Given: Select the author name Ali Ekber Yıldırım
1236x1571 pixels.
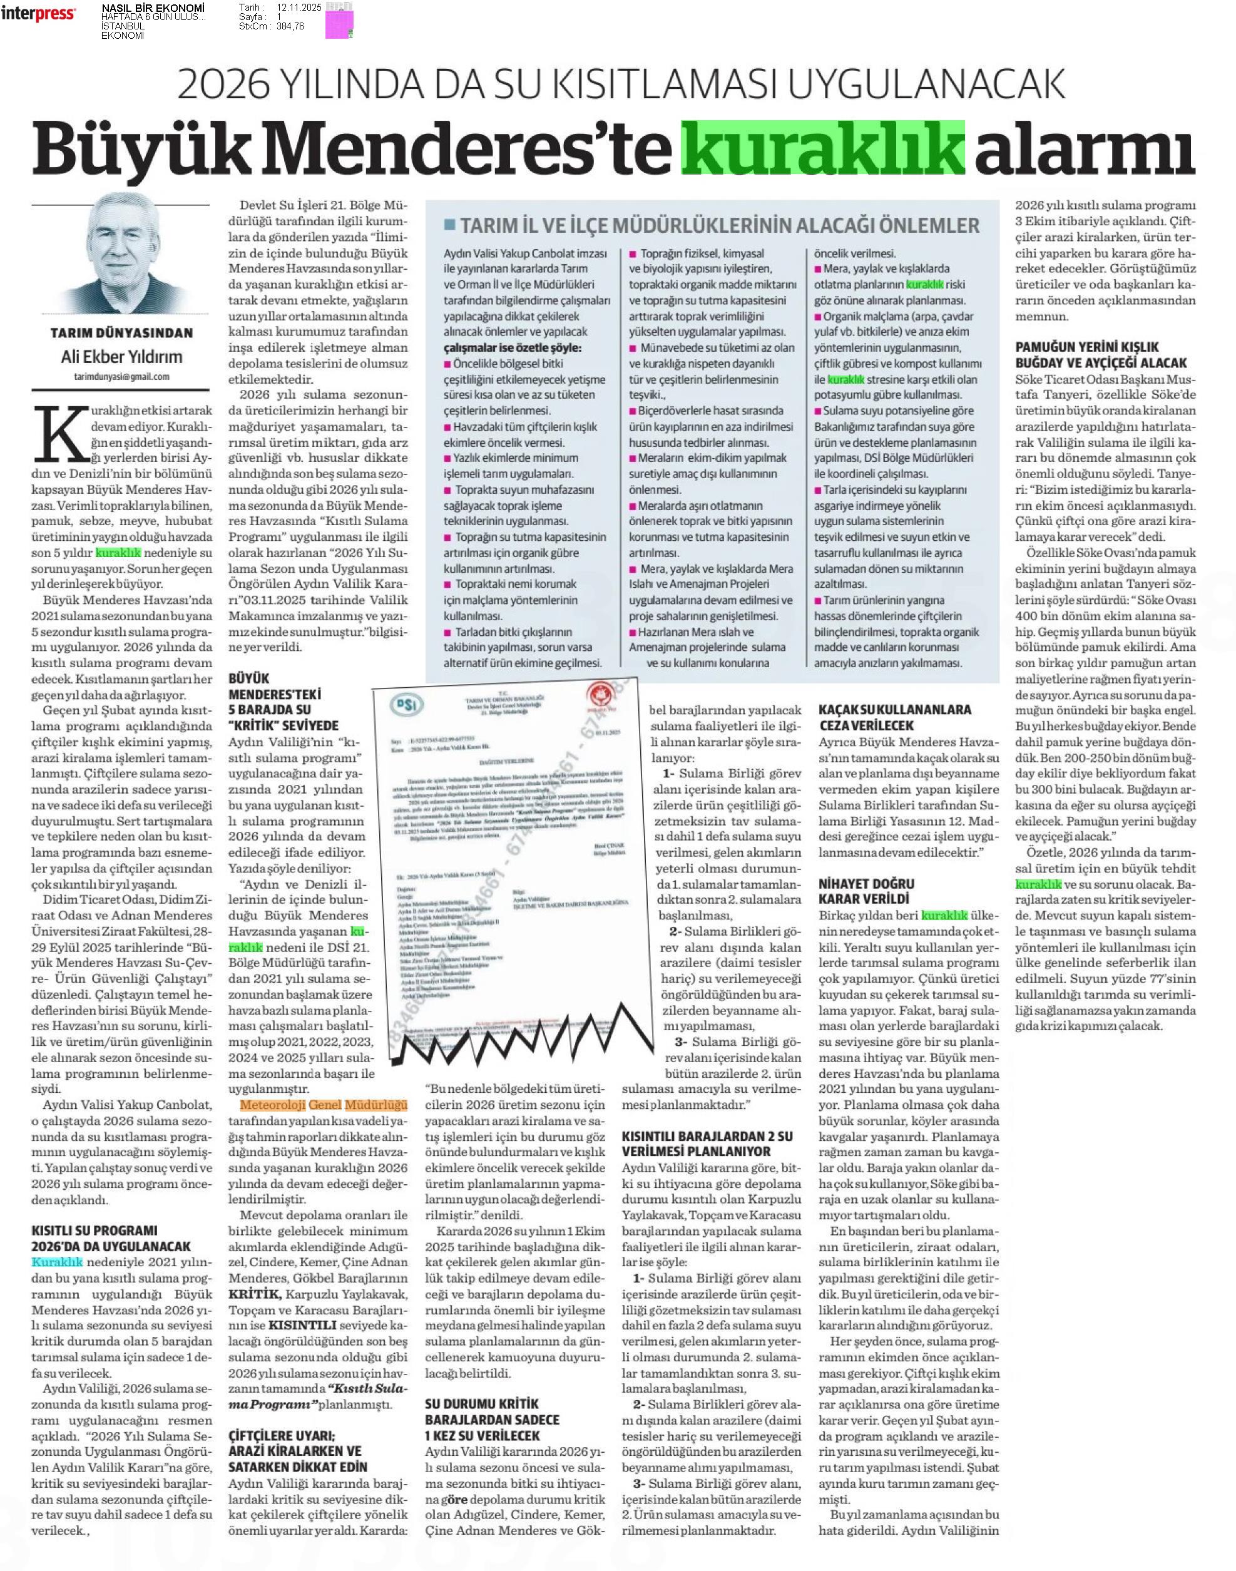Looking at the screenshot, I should [121, 357].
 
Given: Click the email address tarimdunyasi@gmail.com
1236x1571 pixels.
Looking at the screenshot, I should [121, 376].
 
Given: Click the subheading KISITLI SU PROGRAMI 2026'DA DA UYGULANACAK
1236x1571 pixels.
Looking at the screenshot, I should [111, 1237].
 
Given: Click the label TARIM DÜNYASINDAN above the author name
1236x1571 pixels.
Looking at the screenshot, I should [121, 333].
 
